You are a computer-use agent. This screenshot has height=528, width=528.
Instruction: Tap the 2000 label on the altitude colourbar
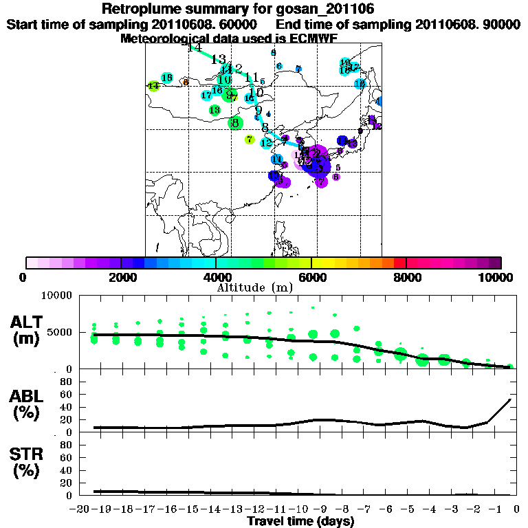click(x=120, y=277)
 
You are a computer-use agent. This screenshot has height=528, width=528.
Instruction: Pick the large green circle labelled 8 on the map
click(x=236, y=123)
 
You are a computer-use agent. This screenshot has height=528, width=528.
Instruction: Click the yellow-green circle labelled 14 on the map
click(x=153, y=86)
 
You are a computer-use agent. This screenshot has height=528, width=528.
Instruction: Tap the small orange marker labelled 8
click(x=186, y=82)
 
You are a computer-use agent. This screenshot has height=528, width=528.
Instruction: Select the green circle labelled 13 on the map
click(x=214, y=110)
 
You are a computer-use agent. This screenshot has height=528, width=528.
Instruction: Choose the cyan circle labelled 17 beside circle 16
click(x=206, y=96)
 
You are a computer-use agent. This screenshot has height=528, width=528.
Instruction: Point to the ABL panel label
click(x=28, y=406)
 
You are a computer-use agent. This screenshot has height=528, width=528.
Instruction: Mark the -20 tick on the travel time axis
click(x=80, y=508)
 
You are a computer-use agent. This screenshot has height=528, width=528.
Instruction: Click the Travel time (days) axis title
click(x=300, y=521)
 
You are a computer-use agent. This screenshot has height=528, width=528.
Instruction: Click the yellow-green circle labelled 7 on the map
click(x=250, y=140)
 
